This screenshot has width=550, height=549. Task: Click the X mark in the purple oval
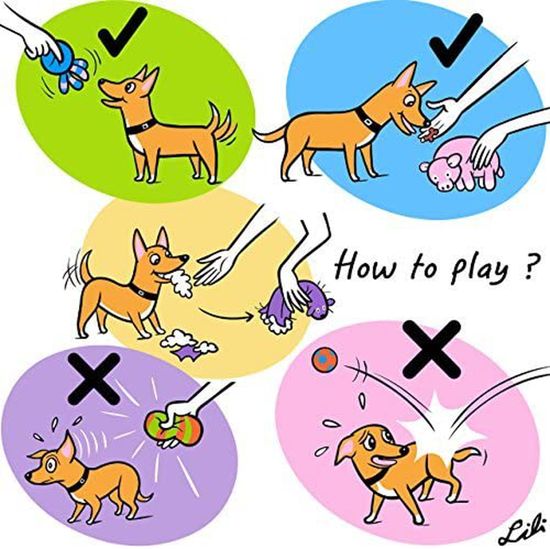[93, 379]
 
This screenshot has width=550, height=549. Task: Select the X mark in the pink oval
[431, 350]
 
